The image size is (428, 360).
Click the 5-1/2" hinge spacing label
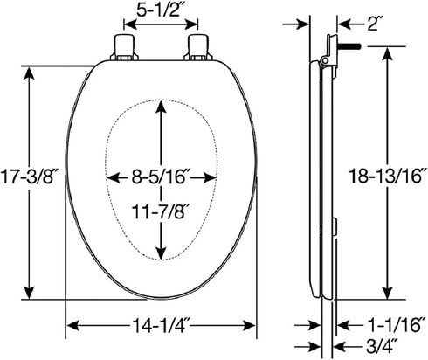158,10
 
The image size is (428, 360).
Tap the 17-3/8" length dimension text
28,177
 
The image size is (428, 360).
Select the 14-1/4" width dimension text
161,325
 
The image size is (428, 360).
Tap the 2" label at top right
372,24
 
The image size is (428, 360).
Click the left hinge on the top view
125,48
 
